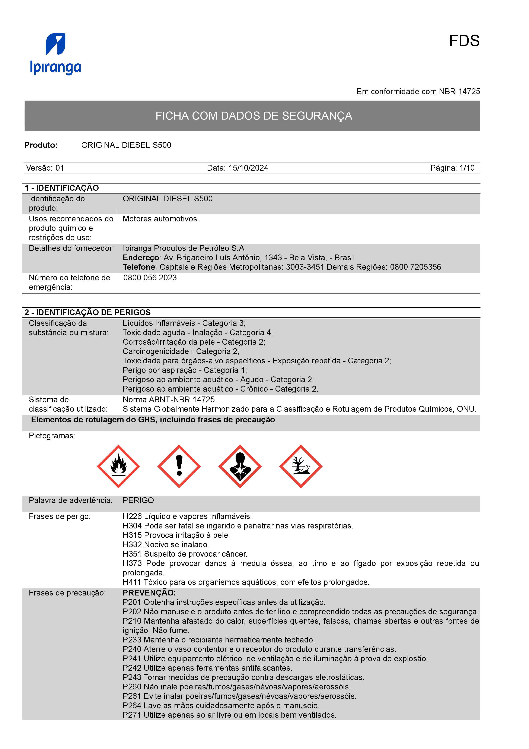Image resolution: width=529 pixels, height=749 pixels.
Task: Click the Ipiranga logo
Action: tap(55, 54)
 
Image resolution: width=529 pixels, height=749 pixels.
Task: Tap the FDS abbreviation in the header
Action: tap(464, 41)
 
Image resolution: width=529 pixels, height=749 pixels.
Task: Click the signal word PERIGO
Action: tap(138, 500)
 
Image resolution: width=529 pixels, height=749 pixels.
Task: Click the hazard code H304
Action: tap(132, 526)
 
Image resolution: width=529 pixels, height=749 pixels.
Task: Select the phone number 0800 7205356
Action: tap(415, 267)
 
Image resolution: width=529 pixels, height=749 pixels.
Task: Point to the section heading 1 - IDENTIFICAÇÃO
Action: tap(62, 188)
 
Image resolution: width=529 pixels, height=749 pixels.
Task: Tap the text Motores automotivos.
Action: tap(160, 219)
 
